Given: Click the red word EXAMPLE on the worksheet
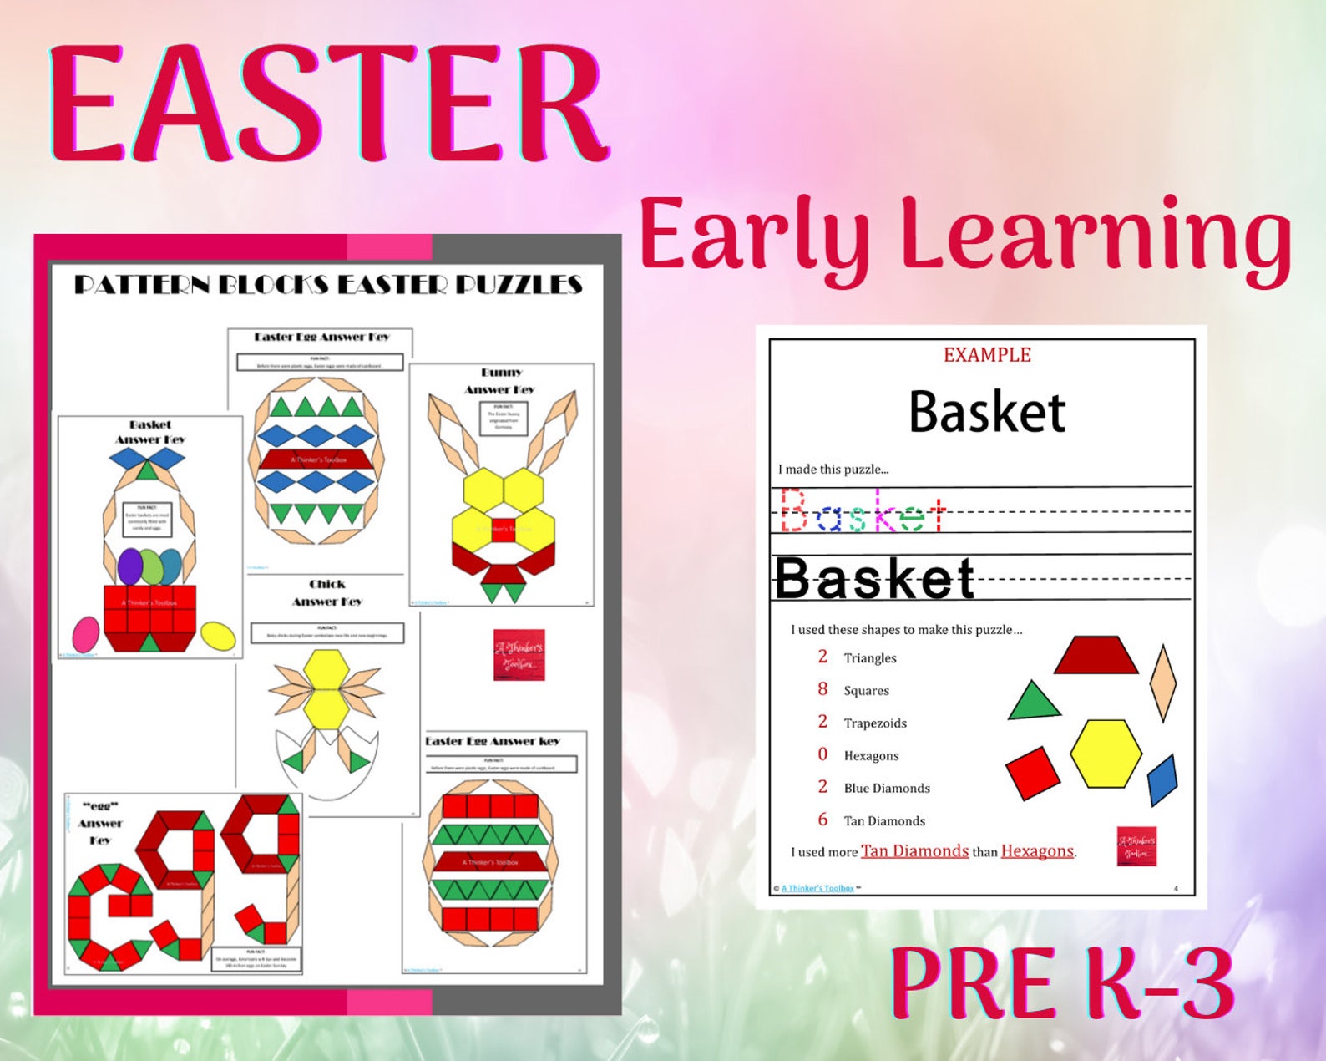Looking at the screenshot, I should click(x=987, y=355).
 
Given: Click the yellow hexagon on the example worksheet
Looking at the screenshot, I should click(x=1106, y=753).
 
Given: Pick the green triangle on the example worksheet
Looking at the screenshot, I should click(x=1033, y=703).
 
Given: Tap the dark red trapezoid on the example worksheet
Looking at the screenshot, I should click(x=1096, y=656).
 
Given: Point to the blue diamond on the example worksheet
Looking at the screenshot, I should click(x=1162, y=779).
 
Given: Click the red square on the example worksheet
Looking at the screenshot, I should click(x=1033, y=772).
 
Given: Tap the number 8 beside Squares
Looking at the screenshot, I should click(x=822, y=689).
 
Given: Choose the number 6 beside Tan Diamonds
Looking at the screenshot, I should click(x=822, y=820).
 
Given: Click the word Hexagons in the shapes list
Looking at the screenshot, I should click(x=871, y=756).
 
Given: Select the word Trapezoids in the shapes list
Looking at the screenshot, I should click(x=875, y=723).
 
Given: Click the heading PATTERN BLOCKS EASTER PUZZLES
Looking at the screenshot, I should click(x=328, y=285).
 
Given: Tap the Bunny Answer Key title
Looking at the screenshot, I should click(x=500, y=381).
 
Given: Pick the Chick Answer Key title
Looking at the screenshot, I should click(x=326, y=592).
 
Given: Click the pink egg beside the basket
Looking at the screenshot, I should click(x=85, y=634).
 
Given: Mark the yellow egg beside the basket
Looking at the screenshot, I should click(x=218, y=636).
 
